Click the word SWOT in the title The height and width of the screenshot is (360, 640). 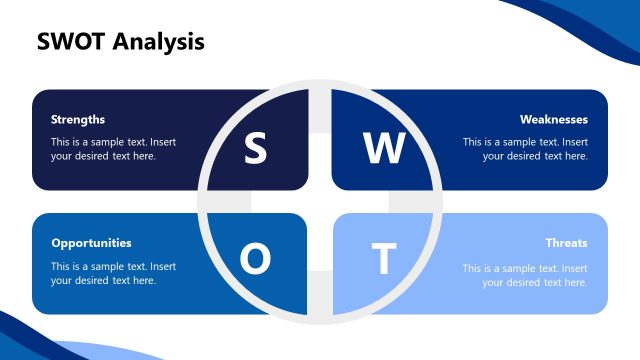[x=71, y=41]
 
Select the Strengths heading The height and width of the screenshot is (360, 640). [x=78, y=119]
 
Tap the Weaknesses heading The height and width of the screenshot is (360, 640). [x=554, y=119]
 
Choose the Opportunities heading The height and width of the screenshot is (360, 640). [x=91, y=243]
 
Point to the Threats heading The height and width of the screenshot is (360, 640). [x=566, y=243]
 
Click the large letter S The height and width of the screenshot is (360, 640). [x=256, y=149]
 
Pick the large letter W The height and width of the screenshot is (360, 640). [x=383, y=149]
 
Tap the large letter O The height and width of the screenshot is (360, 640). [x=256, y=260]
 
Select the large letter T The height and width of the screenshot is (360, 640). [x=383, y=260]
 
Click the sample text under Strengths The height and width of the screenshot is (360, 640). [x=113, y=149]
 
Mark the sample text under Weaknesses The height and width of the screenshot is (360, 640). [x=525, y=149]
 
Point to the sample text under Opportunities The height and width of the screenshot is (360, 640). [x=113, y=273]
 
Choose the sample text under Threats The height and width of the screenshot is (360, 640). [x=525, y=273]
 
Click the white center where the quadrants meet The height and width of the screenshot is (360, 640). [x=319, y=202]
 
